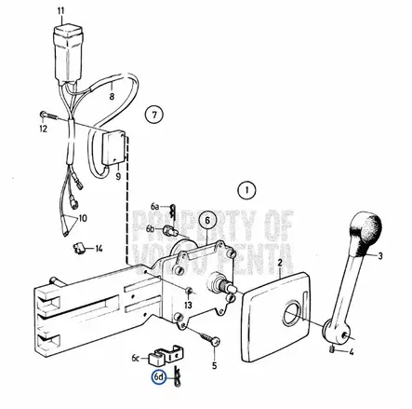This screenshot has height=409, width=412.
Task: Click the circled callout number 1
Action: [246, 192]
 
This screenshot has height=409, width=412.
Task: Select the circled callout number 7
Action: [156, 116]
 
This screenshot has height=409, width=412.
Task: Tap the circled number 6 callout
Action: [208, 221]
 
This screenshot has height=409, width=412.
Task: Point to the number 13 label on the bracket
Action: [188, 306]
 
